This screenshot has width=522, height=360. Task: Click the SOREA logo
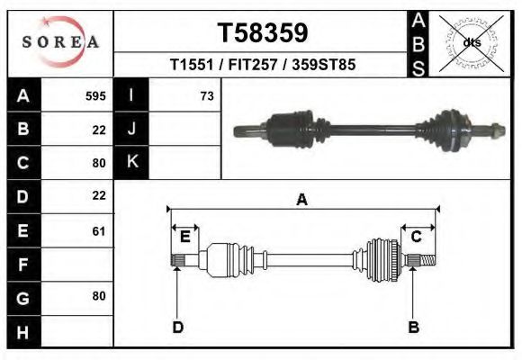point(60,42)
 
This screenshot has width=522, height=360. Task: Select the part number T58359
point(263,33)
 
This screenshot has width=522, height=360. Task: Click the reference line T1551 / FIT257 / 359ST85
point(262,66)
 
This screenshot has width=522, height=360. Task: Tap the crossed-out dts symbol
point(472,42)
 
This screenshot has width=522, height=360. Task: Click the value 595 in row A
point(95,96)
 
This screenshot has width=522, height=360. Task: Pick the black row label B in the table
point(23,130)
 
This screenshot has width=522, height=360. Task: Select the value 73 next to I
point(207,96)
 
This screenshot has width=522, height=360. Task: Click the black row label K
point(132,163)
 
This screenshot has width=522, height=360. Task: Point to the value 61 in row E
point(99,231)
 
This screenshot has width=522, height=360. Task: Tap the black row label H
point(23,332)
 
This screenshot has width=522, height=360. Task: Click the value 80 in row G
point(99,296)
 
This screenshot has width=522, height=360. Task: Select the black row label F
point(23,265)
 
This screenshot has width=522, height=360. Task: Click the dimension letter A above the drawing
point(302,200)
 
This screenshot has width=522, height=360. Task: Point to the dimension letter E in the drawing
point(184,237)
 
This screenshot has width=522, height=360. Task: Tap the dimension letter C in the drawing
point(417,237)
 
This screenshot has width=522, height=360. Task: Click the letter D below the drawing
point(178,327)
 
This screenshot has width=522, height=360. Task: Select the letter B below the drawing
point(414,327)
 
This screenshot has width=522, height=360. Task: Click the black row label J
point(132,130)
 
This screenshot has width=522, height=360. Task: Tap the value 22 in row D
point(99,195)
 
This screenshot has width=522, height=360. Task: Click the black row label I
point(132,96)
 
